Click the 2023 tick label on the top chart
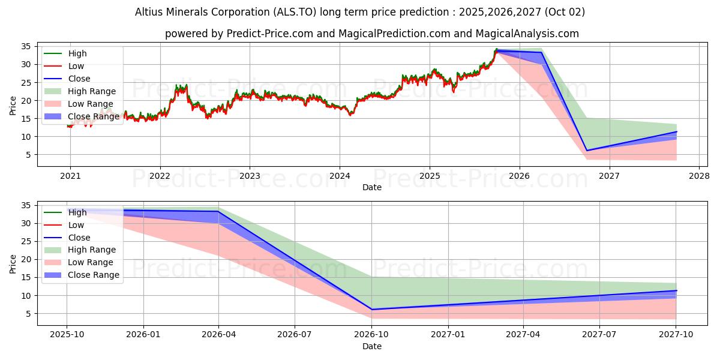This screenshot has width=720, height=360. [x=250, y=176]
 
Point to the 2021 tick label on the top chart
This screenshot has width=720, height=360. [x=70, y=176]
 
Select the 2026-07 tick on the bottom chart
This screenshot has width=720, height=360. [x=296, y=335]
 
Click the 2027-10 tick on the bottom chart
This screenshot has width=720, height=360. [x=676, y=335]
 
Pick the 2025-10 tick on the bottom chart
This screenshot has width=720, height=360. [x=67, y=335]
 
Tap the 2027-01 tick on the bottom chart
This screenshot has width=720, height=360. [x=448, y=335]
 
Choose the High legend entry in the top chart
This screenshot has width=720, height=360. [x=77, y=53]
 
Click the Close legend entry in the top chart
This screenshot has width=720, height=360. [x=79, y=79]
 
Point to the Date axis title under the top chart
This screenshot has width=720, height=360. [x=372, y=187]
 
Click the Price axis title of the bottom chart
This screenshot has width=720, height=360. [x=13, y=263]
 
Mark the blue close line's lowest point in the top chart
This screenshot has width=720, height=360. [x=587, y=151]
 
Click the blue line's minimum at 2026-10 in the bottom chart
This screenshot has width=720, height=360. [x=372, y=310]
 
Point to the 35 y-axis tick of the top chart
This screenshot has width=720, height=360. [x=27, y=46]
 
